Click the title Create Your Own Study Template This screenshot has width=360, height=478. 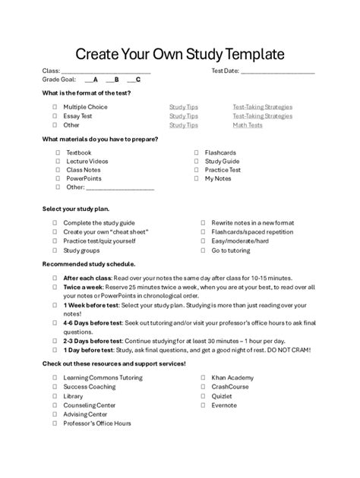coord(179,55)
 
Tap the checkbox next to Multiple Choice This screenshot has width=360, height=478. coord(55,107)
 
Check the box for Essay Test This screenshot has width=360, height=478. coord(55,116)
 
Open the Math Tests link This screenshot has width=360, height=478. coord(248,125)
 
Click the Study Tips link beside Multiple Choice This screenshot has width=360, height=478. coord(183,107)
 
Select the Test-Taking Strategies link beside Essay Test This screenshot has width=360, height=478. coord(262,116)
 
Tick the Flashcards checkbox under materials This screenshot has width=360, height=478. coord(197,153)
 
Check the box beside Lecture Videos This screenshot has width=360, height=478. coord(58,162)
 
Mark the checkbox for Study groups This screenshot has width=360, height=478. coord(55,250)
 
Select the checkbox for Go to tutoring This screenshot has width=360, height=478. coord(203,250)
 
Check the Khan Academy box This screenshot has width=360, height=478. coord(203,377)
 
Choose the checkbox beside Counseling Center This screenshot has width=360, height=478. coord(55,405)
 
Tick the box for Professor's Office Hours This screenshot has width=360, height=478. coord(55,423)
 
